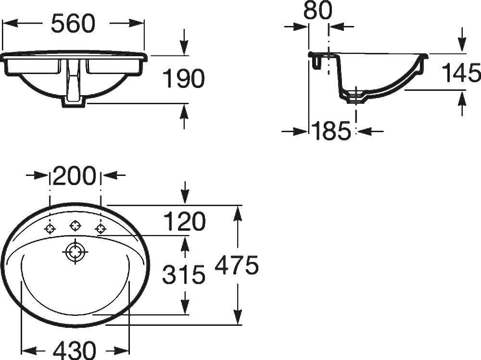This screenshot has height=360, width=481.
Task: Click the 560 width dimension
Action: click(x=73, y=23)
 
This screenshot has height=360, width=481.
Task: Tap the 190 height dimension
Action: click(x=183, y=78)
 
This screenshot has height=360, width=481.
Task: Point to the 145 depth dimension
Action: click(x=461, y=73)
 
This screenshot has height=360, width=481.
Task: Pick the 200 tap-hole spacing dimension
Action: click(x=75, y=176)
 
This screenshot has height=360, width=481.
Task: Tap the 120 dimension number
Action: click(x=184, y=221)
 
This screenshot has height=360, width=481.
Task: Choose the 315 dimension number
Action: click(x=183, y=274)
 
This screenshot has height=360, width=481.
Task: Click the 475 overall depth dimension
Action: click(x=237, y=265)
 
